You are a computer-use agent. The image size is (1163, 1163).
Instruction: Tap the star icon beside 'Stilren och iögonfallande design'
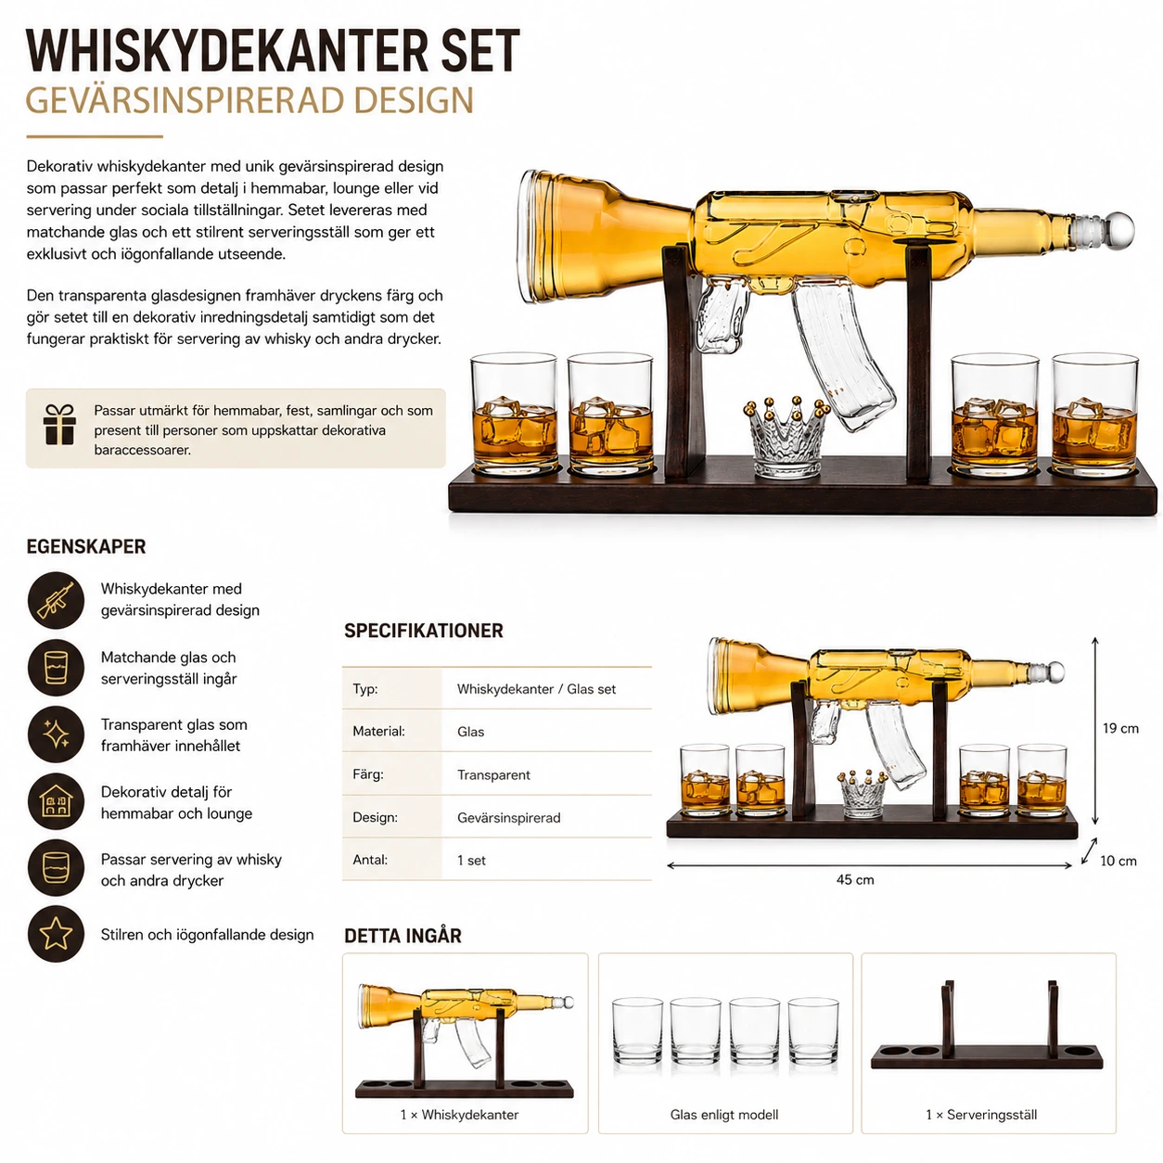(x=56, y=934)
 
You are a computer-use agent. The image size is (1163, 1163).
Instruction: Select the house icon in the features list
(x=56, y=801)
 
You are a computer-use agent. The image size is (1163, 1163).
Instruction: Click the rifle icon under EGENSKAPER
(x=56, y=600)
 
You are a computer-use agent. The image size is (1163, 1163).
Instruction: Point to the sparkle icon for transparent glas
(x=56, y=734)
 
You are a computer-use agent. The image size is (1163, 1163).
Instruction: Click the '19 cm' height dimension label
(x=1120, y=728)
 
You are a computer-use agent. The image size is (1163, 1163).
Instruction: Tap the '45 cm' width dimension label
(x=854, y=879)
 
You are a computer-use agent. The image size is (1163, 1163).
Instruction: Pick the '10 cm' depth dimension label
(x=1118, y=861)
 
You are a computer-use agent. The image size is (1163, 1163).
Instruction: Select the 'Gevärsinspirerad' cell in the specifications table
(x=509, y=818)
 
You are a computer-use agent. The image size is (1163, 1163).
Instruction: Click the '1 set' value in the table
(x=471, y=860)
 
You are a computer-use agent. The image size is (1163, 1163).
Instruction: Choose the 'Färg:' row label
(x=368, y=774)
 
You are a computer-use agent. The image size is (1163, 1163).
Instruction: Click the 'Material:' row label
(x=379, y=732)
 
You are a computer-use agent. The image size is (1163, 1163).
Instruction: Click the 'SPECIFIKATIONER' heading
(x=423, y=631)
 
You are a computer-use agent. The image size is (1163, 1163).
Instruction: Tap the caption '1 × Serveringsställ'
(x=981, y=1115)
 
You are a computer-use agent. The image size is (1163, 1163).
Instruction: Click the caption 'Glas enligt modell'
(x=724, y=1115)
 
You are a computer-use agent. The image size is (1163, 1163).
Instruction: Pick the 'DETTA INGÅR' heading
(x=403, y=936)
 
